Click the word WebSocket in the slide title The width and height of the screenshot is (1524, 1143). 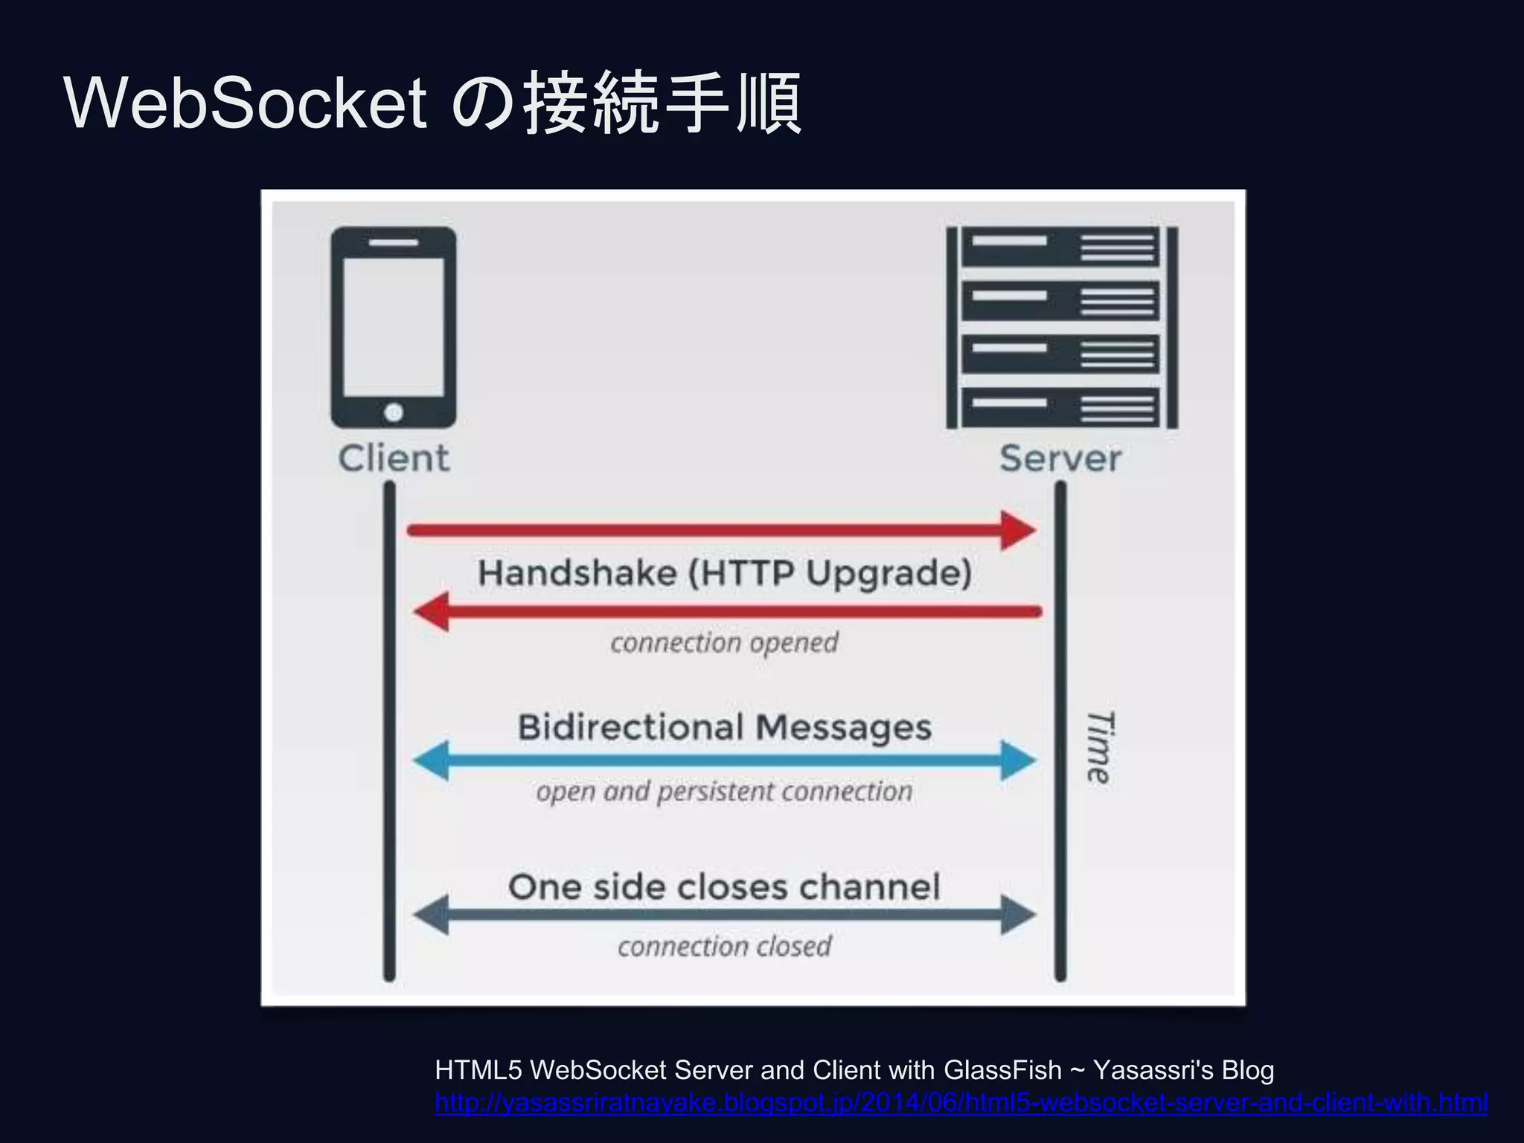point(246,103)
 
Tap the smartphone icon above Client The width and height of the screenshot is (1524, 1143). point(394,327)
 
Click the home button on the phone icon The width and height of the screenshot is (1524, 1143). point(394,412)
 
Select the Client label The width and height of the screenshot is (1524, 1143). point(394,458)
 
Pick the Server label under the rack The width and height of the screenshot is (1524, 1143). point(1060,458)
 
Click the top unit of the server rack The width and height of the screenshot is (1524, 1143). point(1061,246)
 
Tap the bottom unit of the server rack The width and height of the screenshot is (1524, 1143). point(1061,407)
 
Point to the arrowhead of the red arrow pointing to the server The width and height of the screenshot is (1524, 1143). point(1019,531)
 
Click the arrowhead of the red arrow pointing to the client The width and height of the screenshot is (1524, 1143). point(432,612)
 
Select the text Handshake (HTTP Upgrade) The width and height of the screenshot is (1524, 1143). point(725,573)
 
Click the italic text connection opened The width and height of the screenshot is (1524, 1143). point(724,642)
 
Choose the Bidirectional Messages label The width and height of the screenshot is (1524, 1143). point(724,727)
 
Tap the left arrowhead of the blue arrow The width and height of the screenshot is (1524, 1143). point(432,761)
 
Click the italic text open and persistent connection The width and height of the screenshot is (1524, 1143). point(724,791)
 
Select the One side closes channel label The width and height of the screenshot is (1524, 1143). point(724,887)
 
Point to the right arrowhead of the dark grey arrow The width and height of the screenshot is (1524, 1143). point(1018,915)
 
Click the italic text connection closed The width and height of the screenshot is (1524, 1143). point(724,947)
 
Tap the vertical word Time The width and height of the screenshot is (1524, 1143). point(1099,746)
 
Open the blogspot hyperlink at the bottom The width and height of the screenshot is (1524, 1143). point(961,1102)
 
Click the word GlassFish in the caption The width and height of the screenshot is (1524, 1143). point(1002,1070)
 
